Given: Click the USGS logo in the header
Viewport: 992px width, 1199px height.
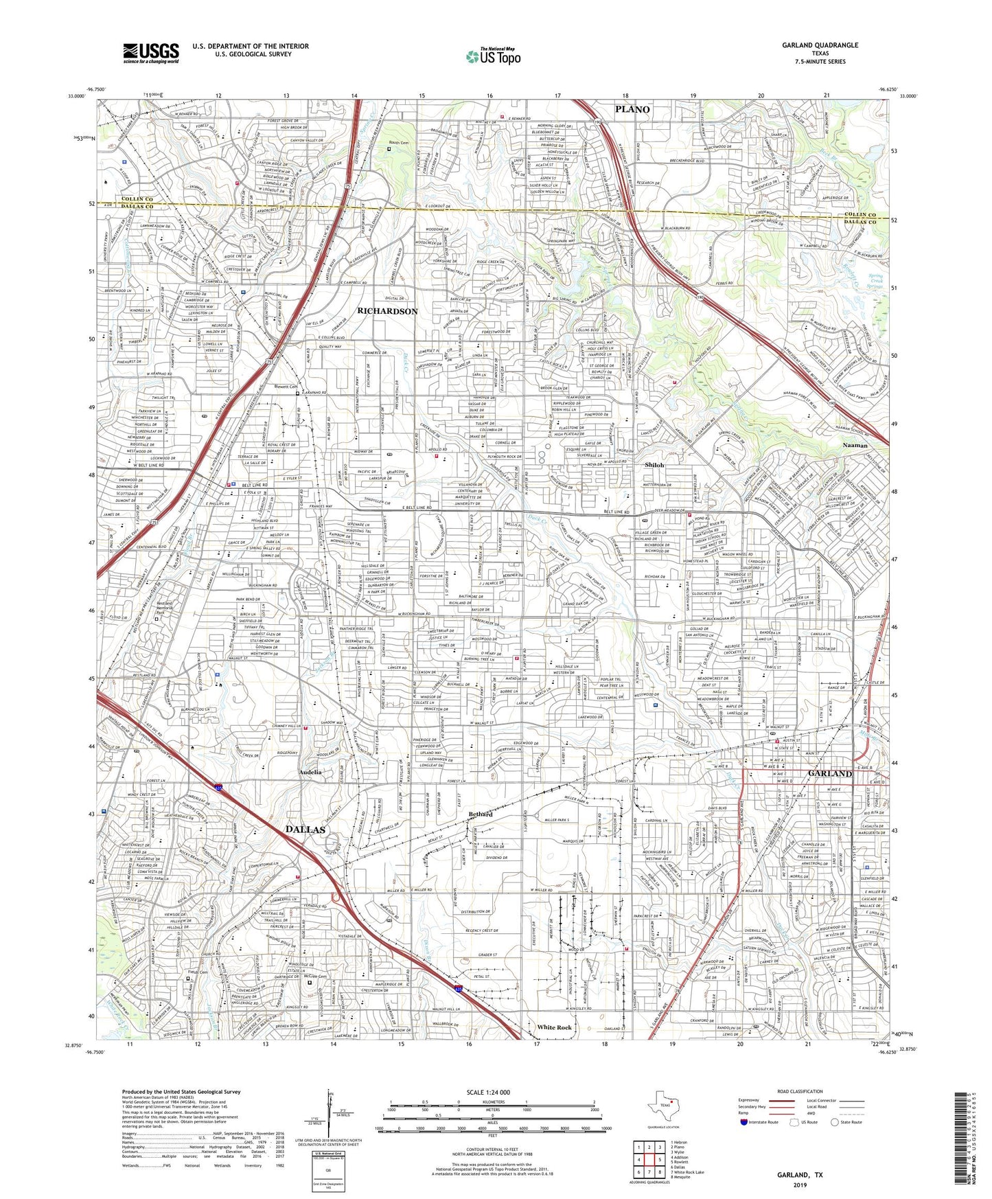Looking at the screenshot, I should pyautogui.click(x=151, y=53).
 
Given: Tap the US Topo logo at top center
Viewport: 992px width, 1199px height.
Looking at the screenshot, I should pyautogui.click(x=493, y=57).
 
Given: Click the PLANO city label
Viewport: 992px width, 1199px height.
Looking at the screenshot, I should pyautogui.click(x=632, y=109).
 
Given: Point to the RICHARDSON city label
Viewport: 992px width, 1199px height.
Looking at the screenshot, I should pyautogui.click(x=387, y=311).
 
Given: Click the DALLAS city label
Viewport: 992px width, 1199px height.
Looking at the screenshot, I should pyautogui.click(x=305, y=830).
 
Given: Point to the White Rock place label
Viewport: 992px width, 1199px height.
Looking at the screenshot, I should pyautogui.click(x=554, y=1027).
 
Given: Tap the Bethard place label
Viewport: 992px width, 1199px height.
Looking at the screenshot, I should pyautogui.click(x=481, y=814).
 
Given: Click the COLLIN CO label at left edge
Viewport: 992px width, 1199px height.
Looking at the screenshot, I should pyautogui.click(x=122, y=200).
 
